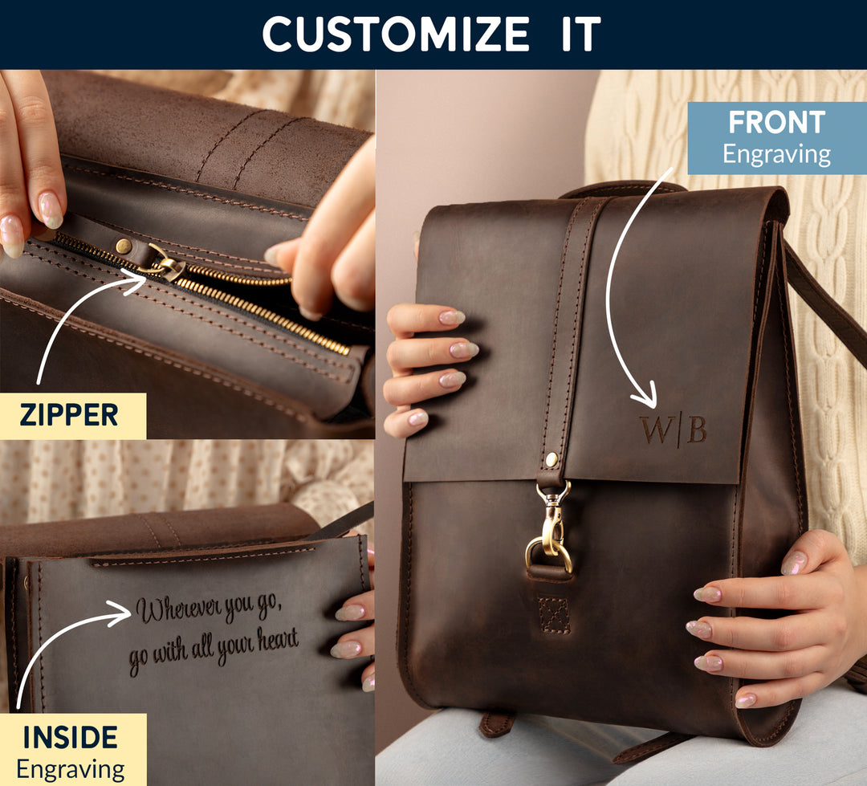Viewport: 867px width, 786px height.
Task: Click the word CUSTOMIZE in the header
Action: [396, 34]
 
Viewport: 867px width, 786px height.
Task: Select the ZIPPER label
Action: [69, 415]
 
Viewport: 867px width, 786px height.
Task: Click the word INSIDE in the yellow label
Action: [70, 737]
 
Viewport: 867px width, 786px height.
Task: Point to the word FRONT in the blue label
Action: [777, 122]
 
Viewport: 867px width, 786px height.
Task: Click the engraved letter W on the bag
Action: [656, 430]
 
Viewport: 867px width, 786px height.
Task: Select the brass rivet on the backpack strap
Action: [552, 458]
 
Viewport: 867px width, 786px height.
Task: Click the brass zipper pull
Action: [165, 264]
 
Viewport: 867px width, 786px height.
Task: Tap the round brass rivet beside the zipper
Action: [124, 246]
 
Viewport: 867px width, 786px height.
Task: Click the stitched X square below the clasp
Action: [553, 614]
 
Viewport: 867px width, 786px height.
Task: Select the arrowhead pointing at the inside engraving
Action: [119, 613]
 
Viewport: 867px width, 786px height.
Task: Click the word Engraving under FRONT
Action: [776, 154]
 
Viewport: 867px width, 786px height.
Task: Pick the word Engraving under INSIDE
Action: [70, 769]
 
